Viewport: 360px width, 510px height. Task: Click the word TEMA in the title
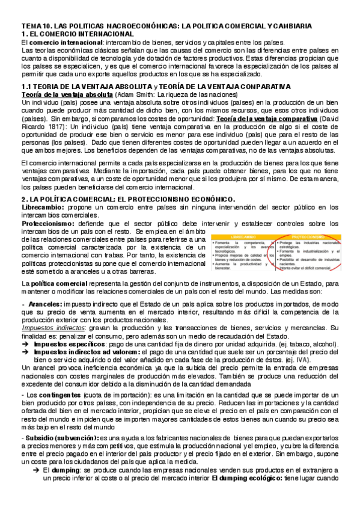[29, 26]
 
